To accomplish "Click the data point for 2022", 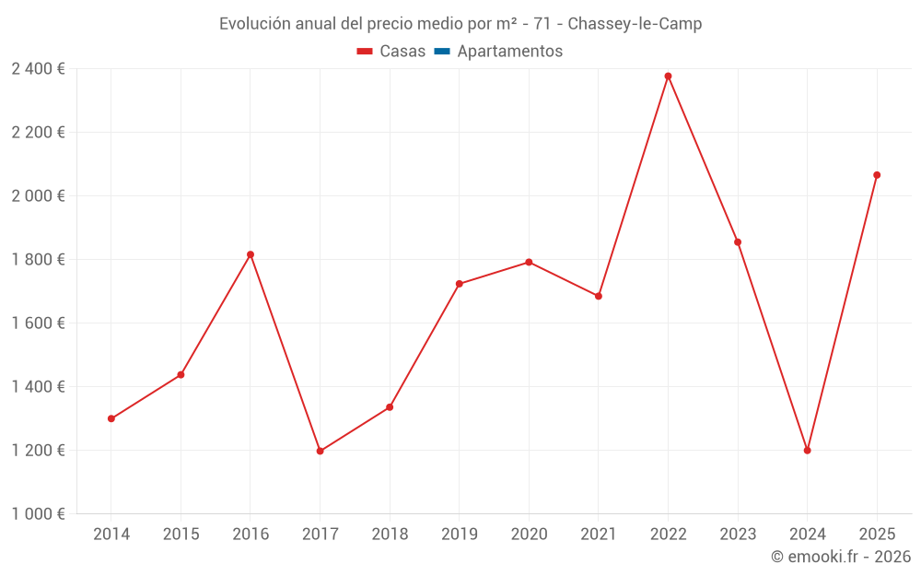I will point(668,76).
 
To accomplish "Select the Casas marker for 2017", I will point(320,451).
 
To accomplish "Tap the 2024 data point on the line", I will point(807,451).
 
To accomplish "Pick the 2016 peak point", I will point(251,254).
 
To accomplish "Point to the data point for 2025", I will point(877,175).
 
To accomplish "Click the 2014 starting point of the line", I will point(111,418).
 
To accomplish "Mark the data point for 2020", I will point(529,263).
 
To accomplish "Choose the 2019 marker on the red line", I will point(460,284).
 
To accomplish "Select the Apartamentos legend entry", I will point(508,52).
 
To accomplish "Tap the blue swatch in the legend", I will point(442,52).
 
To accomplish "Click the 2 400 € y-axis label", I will point(38,69).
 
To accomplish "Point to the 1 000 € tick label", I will point(38,514).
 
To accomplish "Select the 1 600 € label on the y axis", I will point(38,323).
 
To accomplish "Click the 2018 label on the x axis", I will point(390,535).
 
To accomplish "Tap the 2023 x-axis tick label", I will point(738,535).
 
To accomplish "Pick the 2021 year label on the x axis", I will point(599,535).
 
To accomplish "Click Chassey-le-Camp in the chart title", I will point(635,24).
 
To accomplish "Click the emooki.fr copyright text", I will point(841,557).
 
